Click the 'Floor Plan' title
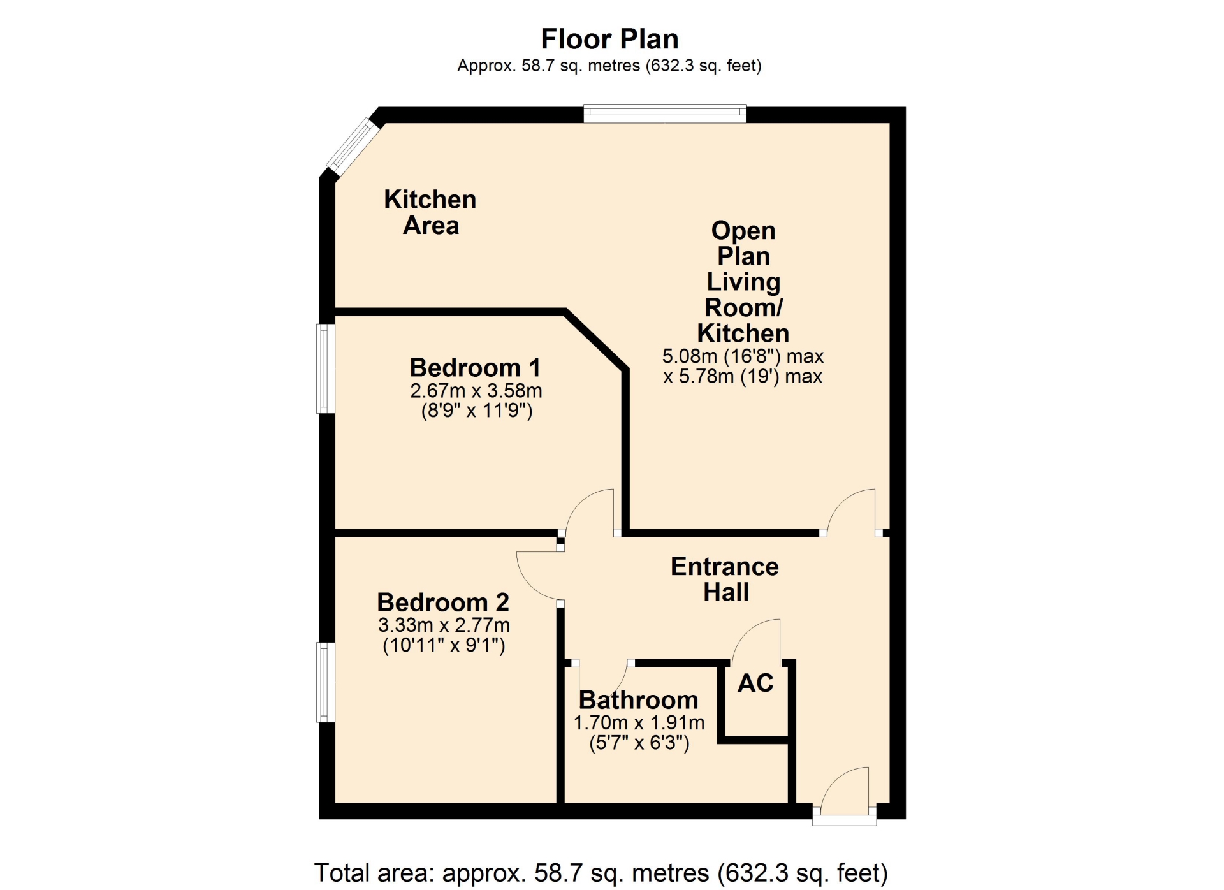click(x=609, y=39)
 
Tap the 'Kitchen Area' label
click(x=430, y=212)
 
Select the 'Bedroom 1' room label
click(x=475, y=367)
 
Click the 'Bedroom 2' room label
click(x=443, y=602)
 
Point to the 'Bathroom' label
click(x=638, y=700)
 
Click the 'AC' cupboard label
click(x=755, y=683)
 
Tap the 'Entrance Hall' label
click(x=725, y=579)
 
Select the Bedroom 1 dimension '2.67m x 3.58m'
click(x=476, y=390)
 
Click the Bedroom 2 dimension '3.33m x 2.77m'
click(x=444, y=625)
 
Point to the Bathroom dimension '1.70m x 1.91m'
click(x=639, y=722)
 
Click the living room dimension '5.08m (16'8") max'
click(x=743, y=356)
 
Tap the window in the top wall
click(x=664, y=113)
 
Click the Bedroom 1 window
click(x=326, y=368)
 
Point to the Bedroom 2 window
click(x=326, y=682)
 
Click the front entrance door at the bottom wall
click(x=844, y=797)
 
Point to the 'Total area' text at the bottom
click(x=601, y=873)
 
